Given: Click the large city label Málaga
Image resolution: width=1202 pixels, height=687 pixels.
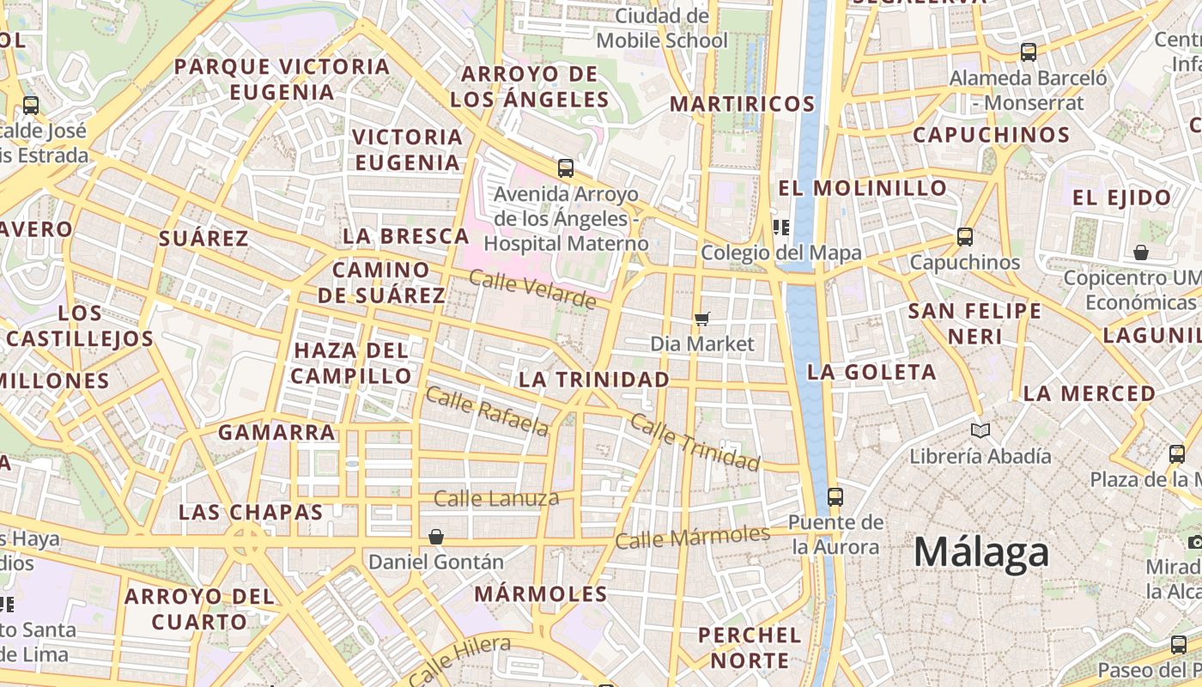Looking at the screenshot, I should pyautogui.click(x=980, y=552).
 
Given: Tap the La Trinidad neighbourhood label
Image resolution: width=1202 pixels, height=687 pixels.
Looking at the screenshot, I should pyautogui.click(x=594, y=380).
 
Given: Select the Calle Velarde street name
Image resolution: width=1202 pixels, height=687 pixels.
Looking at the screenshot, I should pyautogui.click(x=532, y=289).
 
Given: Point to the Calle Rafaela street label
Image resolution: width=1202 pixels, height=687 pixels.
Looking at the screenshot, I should pyautogui.click(x=486, y=411).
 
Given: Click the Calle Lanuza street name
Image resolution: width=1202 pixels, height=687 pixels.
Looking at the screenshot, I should pyautogui.click(x=496, y=498).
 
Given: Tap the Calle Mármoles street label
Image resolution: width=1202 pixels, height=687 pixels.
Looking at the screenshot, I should pyautogui.click(x=692, y=538).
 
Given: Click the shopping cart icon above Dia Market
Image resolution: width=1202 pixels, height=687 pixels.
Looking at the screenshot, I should pyautogui.click(x=702, y=319).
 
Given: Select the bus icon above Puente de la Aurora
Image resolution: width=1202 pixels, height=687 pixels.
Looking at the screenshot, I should pyautogui.click(x=835, y=496).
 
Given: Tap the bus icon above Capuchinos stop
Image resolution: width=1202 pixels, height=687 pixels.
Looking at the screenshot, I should pyautogui.click(x=965, y=236).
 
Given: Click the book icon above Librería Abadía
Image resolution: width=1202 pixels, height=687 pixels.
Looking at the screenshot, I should pyautogui.click(x=980, y=430).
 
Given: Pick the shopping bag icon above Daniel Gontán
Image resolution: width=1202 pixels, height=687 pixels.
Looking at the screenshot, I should pyautogui.click(x=436, y=537).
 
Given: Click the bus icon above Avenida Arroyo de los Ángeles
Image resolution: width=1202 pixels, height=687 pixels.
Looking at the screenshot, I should pyautogui.click(x=565, y=167).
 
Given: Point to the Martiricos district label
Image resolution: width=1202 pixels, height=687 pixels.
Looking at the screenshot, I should pyautogui.click(x=742, y=104).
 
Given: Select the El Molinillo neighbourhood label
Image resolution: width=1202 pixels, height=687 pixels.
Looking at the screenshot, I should pyautogui.click(x=862, y=188).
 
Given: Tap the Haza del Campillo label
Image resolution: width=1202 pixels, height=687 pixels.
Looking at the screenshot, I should pyautogui.click(x=351, y=363).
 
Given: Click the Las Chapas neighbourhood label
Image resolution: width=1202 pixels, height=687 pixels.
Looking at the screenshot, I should pyautogui.click(x=250, y=513).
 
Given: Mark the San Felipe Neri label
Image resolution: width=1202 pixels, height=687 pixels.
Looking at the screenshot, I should pyautogui.click(x=974, y=323).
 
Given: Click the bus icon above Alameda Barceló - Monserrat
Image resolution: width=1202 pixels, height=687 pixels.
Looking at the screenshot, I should pyautogui.click(x=1028, y=52).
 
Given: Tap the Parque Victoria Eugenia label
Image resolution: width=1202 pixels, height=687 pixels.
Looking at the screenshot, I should pyautogui.click(x=282, y=79).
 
